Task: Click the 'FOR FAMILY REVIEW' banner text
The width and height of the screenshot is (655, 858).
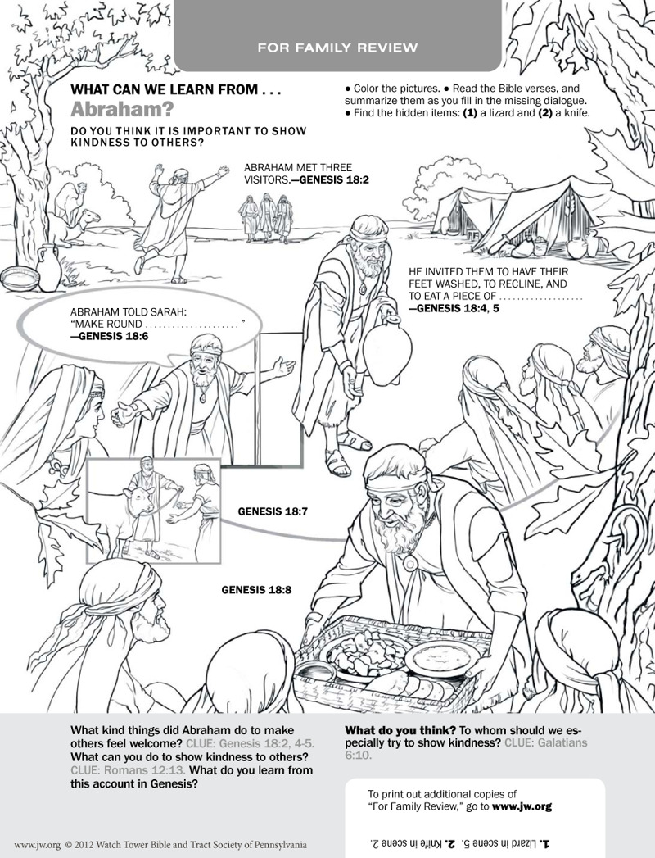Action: click(x=337, y=48)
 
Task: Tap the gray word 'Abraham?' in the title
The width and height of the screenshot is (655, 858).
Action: click(x=122, y=110)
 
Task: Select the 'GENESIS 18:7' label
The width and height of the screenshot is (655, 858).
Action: click(x=273, y=511)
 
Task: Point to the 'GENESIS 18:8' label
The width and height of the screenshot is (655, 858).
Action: click(x=256, y=590)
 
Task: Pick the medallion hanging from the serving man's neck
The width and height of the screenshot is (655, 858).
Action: click(x=409, y=562)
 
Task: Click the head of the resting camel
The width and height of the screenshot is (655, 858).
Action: click(x=89, y=216)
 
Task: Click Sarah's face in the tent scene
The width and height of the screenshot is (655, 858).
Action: click(x=90, y=414)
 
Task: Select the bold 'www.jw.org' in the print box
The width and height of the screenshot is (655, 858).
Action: click(x=522, y=806)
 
